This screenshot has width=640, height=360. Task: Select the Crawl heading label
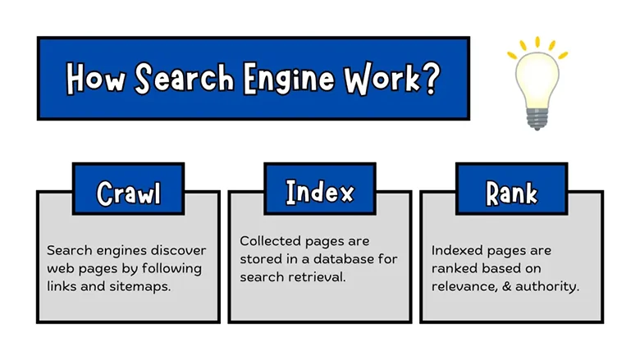(128, 193)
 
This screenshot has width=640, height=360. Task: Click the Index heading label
(319, 192)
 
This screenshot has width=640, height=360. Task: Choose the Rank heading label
(511, 193)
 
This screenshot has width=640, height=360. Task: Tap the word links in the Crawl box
(62, 286)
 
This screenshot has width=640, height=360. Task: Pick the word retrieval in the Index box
(319, 277)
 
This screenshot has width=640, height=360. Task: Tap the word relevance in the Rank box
(464, 286)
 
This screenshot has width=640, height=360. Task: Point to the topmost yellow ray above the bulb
(538, 41)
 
